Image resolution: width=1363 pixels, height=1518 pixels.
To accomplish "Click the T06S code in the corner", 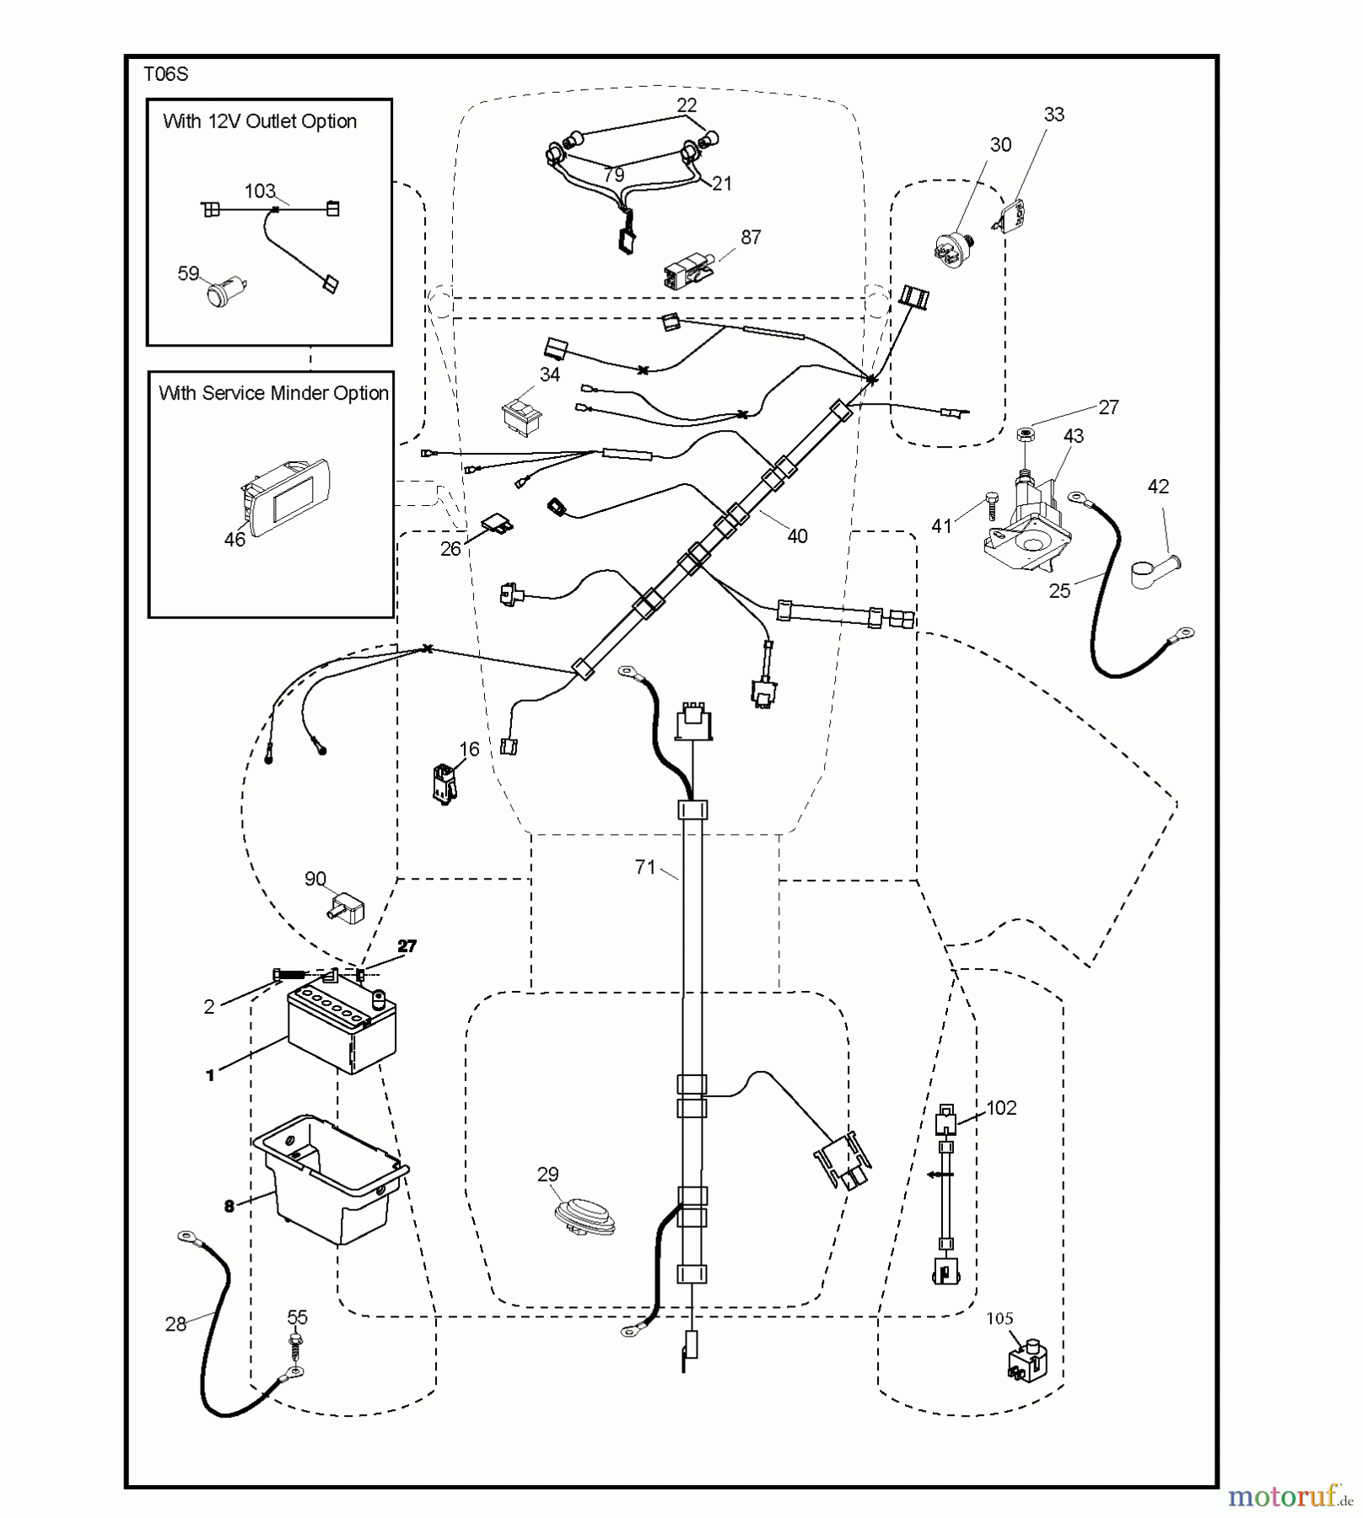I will pos(165,74).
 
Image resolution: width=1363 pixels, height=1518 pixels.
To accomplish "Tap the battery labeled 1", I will pos(342,1029).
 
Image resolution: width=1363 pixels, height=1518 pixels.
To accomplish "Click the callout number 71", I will pos(645,867).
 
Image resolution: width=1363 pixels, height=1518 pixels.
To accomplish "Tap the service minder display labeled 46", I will pos(287,498).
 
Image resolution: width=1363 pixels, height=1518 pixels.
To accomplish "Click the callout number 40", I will pos(797,536).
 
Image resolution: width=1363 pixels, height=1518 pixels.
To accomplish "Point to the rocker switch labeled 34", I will pos(522,417).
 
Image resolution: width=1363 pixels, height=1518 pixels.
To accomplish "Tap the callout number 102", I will pos(1001,1108).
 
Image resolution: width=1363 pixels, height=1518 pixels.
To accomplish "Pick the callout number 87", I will pos(751,238).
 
